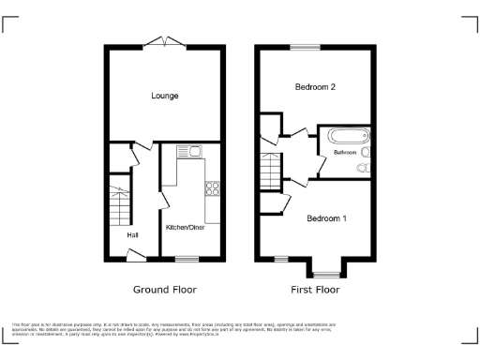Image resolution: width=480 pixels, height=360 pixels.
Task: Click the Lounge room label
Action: pos(165,96)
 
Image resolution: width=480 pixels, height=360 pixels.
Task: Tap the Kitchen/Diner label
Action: pos(187,227)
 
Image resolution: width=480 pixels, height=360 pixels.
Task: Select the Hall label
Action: pos(132,234)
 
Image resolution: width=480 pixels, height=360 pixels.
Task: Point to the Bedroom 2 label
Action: pos(315,87)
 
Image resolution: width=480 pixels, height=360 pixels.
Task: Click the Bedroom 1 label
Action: pos(327,218)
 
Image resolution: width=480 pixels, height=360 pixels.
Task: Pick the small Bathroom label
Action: pos(339,151)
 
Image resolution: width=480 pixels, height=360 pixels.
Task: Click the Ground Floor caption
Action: pos(164,290)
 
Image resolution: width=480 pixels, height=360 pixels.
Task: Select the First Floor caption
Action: pos(314,290)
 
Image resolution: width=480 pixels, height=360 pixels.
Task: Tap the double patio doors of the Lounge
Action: pos(165,41)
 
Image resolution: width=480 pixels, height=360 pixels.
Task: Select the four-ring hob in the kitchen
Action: pos(212,187)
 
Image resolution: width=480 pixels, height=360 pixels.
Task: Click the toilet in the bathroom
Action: pos(364,168)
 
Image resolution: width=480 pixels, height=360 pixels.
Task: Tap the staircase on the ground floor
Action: pos(118,203)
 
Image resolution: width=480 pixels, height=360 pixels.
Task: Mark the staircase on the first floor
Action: pos(270,169)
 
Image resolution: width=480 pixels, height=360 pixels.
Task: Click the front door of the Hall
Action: pos(135,254)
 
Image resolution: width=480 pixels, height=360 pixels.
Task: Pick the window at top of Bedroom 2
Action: pos(304,47)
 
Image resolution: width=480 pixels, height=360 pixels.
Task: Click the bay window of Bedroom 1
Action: pos(326,274)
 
